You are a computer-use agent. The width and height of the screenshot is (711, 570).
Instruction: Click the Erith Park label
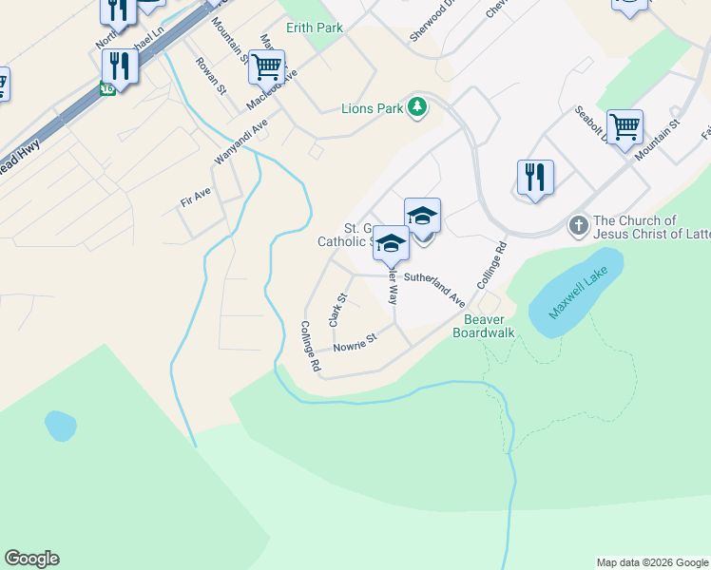pyautogui.click(x=315, y=28)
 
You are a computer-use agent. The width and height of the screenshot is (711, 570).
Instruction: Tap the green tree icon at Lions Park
pyautogui.click(x=416, y=106)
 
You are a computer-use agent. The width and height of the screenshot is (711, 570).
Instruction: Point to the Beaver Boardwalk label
pyautogui.click(x=483, y=326)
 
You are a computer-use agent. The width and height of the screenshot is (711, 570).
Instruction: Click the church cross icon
pyautogui.click(x=577, y=226)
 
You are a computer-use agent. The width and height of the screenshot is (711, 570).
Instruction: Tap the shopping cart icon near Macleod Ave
pyautogui.click(x=266, y=67)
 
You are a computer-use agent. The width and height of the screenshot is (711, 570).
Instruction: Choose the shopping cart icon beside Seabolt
pyautogui.click(x=625, y=126)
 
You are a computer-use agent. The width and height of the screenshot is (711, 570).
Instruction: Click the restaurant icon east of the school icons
pyautogui.click(x=535, y=177)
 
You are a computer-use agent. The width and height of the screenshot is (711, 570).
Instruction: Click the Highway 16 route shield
pyautogui.click(x=107, y=89)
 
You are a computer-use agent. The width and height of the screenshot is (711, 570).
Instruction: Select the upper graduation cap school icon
pyautogui.click(x=422, y=215)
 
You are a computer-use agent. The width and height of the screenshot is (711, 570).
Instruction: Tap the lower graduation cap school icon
pyautogui.click(x=390, y=243)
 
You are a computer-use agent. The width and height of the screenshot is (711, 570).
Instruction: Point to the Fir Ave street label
pyautogui.click(x=195, y=197)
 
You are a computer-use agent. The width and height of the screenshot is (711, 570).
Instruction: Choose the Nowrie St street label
pyautogui.click(x=355, y=342)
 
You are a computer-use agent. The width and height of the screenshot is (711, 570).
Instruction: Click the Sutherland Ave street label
pyautogui.click(x=434, y=288)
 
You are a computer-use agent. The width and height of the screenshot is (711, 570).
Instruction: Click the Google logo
pyautogui.click(x=31, y=559)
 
